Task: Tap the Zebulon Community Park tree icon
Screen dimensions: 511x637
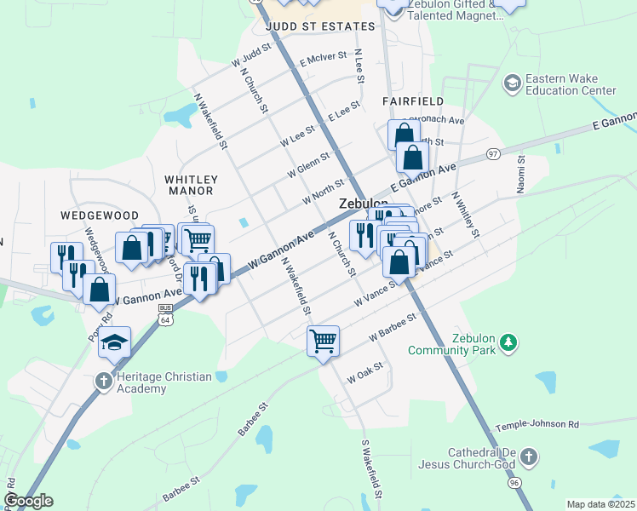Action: [x=508, y=342]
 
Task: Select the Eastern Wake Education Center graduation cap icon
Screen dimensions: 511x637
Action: [x=513, y=83]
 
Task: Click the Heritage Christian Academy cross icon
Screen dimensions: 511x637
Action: [x=103, y=380]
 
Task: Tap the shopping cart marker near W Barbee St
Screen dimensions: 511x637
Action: [x=323, y=342]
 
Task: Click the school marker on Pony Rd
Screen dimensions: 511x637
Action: [x=114, y=342]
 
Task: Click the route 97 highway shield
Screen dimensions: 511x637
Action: [x=493, y=153]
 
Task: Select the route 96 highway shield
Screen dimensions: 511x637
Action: [x=514, y=482]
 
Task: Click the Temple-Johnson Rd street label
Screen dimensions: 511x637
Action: [x=538, y=424]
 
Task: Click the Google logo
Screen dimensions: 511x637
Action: [x=28, y=501]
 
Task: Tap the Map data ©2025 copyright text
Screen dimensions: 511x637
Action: [x=600, y=504]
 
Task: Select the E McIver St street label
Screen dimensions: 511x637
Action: [x=323, y=60]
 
